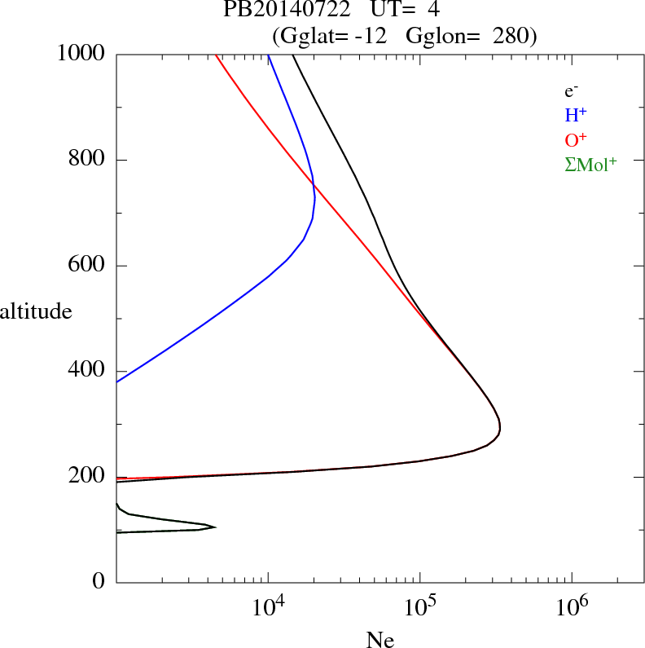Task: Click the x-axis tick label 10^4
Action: click(268, 607)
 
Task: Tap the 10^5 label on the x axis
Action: click(419, 607)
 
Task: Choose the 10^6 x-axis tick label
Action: click(571, 607)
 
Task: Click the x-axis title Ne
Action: click(380, 640)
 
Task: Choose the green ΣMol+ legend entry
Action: click(590, 164)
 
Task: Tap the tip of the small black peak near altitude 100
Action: click(215, 527)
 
